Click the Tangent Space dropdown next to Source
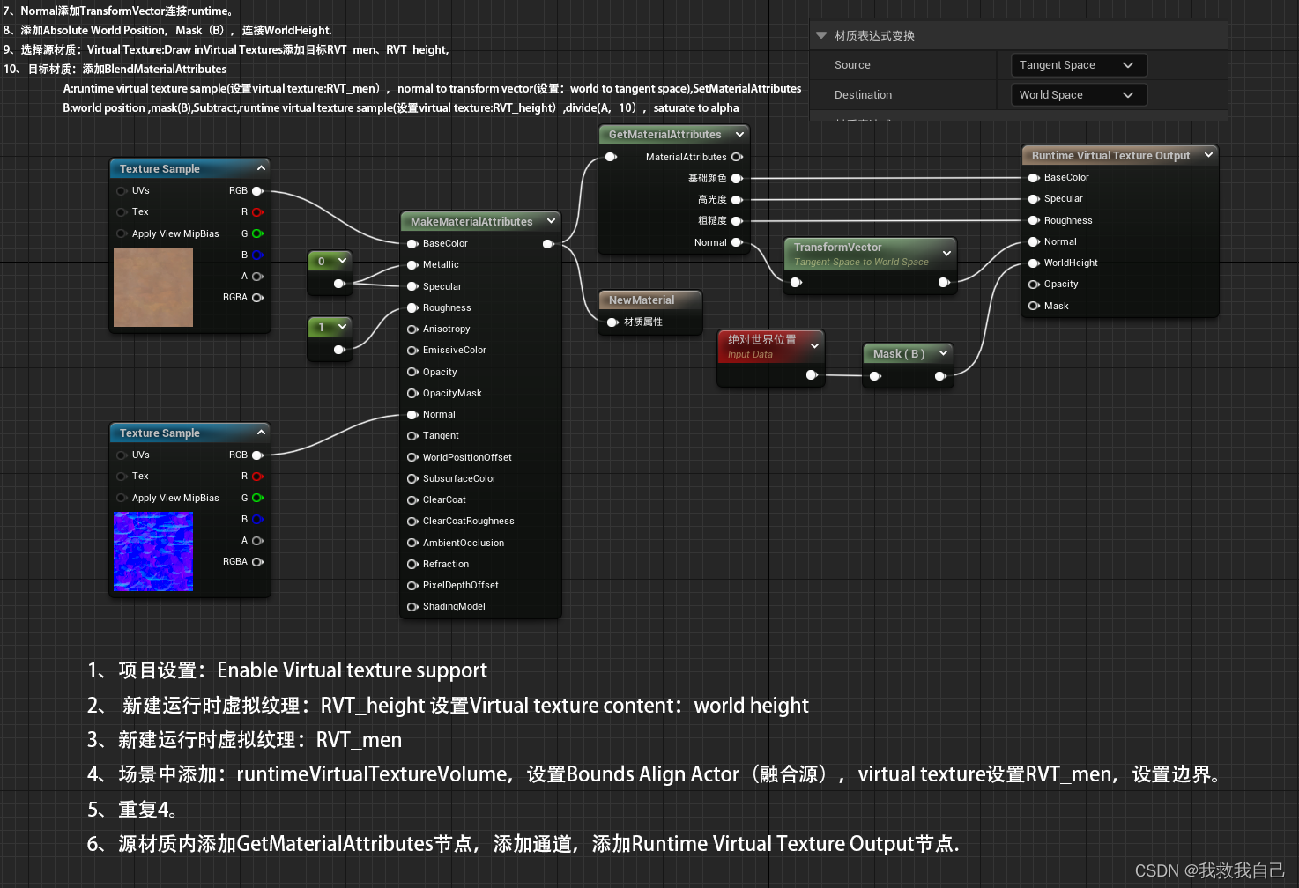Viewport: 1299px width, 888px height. (x=1078, y=65)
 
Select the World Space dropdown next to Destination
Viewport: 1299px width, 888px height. (x=1078, y=95)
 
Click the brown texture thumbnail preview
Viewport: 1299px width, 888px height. (x=153, y=287)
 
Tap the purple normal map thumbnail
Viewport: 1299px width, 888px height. (x=153, y=551)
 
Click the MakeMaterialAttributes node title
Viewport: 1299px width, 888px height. (x=471, y=222)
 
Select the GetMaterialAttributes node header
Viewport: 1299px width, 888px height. (x=664, y=135)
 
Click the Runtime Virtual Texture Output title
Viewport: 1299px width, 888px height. (x=1110, y=156)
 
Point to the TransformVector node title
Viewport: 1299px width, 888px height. (x=837, y=248)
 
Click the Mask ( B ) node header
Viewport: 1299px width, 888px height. (x=898, y=354)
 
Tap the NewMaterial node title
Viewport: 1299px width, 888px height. (x=642, y=300)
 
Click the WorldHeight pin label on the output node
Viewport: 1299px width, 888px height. (x=1071, y=263)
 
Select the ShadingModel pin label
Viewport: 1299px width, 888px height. (x=454, y=607)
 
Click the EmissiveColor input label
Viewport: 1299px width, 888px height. (x=454, y=351)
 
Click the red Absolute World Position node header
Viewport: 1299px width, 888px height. (x=762, y=340)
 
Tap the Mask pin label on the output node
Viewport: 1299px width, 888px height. (x=1056, y=307)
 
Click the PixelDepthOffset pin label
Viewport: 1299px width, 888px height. (x=460, y=586)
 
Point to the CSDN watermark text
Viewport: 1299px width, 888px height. (x=1209, y=870)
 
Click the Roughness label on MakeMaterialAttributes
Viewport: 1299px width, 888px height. (x=447, y=308)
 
